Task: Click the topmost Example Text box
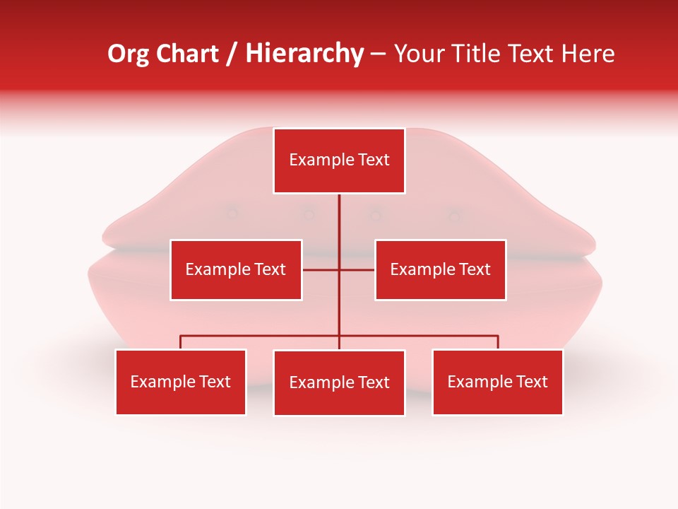pyautogui.click(x=339, y=160)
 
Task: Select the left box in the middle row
pyautogui.click(x=236, y=269)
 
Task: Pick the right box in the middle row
pyautogui.click(x=440, y=269)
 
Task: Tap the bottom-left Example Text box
pyautogui.click(x=181, y=382)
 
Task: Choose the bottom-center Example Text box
pyautogui.click(x=339, y=382)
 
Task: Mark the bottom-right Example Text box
pyautogui.click(x=497, y=382)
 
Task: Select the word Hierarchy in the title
pyautogui.click(x=304, y=54)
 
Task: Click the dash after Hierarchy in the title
pyautogui.click(x=378, y=54)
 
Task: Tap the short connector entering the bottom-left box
pyautogui.click(x=181, y=342)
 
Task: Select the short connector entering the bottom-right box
pyautogui.click(x=498, y=342)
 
